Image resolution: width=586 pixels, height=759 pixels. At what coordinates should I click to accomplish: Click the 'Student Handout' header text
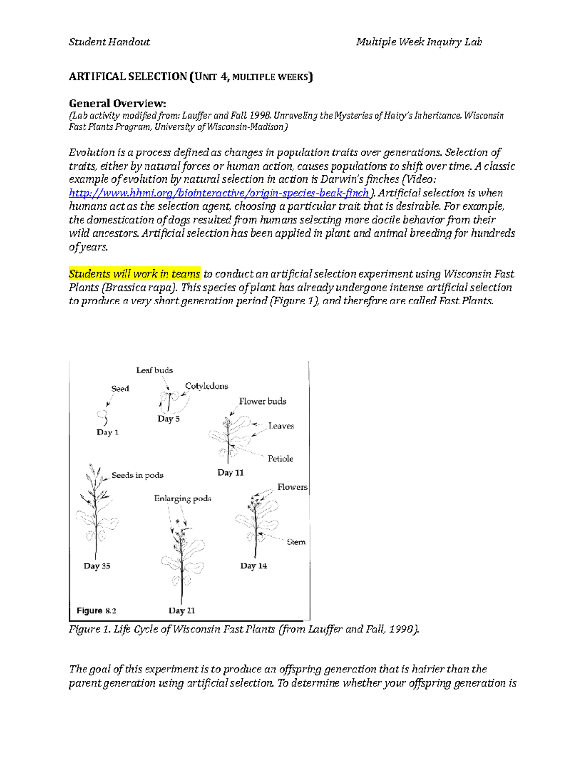click(109, 42)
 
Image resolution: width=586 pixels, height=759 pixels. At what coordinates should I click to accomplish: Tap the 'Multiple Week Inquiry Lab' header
click(419, 42)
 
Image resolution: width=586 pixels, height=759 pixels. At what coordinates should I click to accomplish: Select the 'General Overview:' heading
click(117, 103)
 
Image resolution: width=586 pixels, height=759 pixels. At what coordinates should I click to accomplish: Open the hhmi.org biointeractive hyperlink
click(219, 193)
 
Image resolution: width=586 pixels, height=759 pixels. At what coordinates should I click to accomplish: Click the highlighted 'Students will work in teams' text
click(134, 274)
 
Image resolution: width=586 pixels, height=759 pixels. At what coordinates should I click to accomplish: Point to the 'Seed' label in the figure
click(120, 389)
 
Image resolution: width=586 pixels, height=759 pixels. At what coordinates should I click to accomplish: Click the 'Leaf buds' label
click(154, 370)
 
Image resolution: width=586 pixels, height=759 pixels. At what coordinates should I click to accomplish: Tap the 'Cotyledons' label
click(206, 386)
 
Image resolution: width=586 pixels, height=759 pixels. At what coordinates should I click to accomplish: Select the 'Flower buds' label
click(262, 401)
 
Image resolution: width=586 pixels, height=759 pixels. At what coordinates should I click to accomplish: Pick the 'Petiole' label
click(280, 458)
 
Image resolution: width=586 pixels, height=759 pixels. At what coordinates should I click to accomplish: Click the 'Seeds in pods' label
click(137, 475)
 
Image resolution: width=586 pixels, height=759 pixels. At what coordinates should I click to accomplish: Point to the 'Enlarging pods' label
click(183, 499)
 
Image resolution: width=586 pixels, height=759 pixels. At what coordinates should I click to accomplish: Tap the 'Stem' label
click(296, 542)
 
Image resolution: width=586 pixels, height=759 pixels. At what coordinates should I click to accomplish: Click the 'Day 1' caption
click(107, 432)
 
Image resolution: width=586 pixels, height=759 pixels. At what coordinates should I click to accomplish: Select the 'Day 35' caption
click(97, 566)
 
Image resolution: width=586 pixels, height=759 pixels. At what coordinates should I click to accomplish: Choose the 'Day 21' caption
click(182, 610)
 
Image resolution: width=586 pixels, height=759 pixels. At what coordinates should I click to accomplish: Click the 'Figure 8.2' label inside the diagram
click(96, 610)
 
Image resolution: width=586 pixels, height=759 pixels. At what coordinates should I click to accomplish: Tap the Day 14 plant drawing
click(255, 523)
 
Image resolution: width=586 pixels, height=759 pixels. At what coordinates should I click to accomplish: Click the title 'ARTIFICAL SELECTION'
click(127, 77)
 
